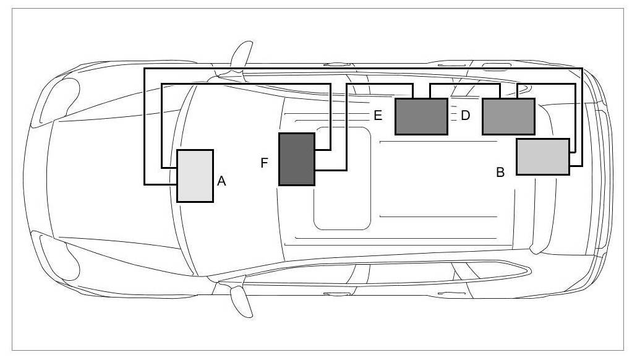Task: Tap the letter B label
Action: tap(500, 173)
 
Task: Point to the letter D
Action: tap(466, 115)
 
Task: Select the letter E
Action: tap(378, 115)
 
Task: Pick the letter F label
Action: tap(264, 163)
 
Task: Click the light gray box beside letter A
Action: tap(195, 176)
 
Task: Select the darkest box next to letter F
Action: tap(297, 159)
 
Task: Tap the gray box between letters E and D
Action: tap(421, 116)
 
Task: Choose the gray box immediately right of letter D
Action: tap(508, 116)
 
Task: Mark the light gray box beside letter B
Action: tap(542, 156)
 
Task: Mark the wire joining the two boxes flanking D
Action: tap(464, 85)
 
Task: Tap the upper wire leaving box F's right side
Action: tap(331, 124)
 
